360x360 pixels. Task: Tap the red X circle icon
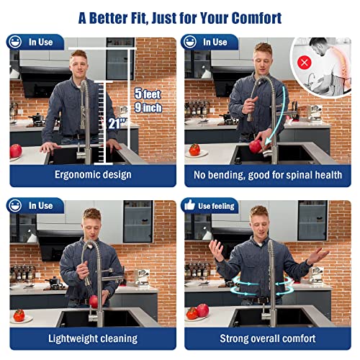pos(305,63)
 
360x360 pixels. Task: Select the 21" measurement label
pos(117,124)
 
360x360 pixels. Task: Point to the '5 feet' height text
pos(148,94)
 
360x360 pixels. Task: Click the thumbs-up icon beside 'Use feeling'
pos(189,205)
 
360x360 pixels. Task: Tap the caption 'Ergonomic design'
pos(93,175)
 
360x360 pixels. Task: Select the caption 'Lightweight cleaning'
pos(93,338)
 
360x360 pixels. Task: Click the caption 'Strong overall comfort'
pos(268,338)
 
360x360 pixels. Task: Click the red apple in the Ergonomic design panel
pos(16,151)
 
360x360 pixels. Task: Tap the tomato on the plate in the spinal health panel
pos(194,150)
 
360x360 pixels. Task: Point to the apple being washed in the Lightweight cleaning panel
pos(94,302)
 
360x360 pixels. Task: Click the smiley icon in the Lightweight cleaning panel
pos(15,205)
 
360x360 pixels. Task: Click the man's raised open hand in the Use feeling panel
pos(217,251)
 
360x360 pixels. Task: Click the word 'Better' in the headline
pos(108,18)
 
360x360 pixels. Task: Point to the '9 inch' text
pos(148,107)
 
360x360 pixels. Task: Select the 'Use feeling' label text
pos(216,206)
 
